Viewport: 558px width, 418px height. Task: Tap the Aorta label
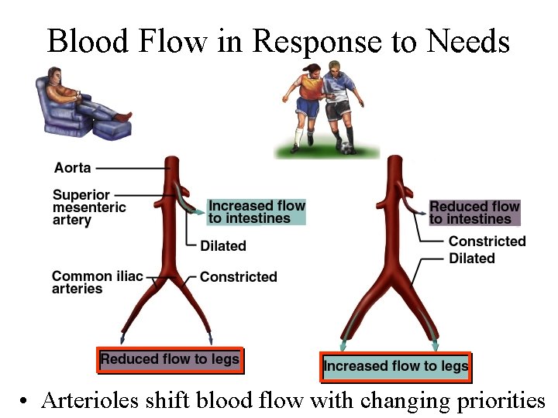tap(72, 167)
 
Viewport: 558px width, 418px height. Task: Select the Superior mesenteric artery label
tap(88, 207)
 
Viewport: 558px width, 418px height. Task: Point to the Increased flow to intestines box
tap(257, 211)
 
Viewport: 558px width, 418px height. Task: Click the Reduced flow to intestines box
tap(474, 212)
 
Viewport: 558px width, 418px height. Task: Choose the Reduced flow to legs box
tap(170, 359)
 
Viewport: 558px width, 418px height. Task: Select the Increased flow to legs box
tap(395, 365)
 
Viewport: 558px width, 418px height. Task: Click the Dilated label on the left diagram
tap(223, 246)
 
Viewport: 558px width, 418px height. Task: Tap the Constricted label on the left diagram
tap(238, 276)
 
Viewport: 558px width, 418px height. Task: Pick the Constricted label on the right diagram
tap(487, 242)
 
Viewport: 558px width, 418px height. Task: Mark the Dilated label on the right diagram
tap(471, 258)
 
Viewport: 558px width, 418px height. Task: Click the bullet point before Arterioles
tap(25, 402)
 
